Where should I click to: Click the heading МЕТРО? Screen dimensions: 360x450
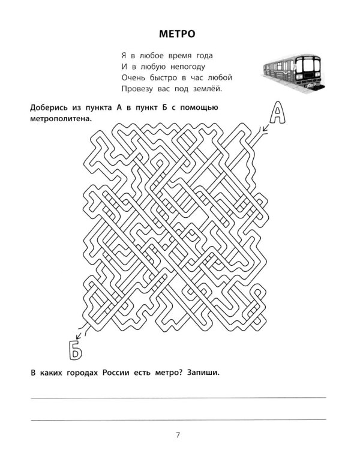tap(177, 34)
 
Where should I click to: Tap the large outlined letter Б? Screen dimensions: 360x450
tap(75, 350)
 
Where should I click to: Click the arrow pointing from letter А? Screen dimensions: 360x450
tap(265, 128)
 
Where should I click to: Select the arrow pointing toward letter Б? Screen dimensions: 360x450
tap(80, 334)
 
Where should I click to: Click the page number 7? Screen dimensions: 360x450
tap(178, 435)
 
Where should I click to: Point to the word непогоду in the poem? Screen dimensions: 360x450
tap(188, 67)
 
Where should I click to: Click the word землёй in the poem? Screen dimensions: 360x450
tap(208, 89)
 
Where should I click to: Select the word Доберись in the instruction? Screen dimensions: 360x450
tap(49, 107)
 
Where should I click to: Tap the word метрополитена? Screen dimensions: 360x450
tap(61, 119)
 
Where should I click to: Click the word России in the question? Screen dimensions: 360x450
tap(115, 373)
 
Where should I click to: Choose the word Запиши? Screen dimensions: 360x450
tap(203, 373)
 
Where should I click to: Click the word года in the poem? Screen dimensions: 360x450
tap(205, 56)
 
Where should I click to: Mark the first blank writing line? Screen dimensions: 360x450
tap(178, 398)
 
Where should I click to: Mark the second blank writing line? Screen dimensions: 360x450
tap(178, 420)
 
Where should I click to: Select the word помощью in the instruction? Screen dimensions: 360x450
tap(199, 107)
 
